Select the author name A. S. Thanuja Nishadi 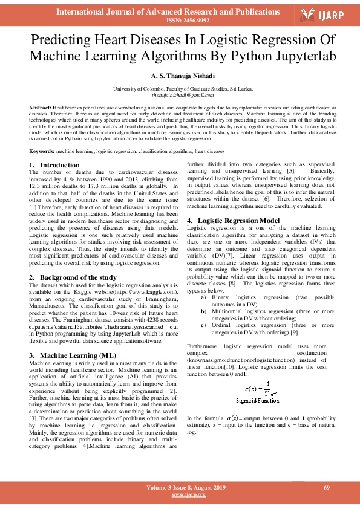180,77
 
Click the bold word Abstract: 41,106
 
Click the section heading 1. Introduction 55,165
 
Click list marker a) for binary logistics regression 203,298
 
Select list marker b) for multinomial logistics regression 203,311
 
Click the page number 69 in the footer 326,487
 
